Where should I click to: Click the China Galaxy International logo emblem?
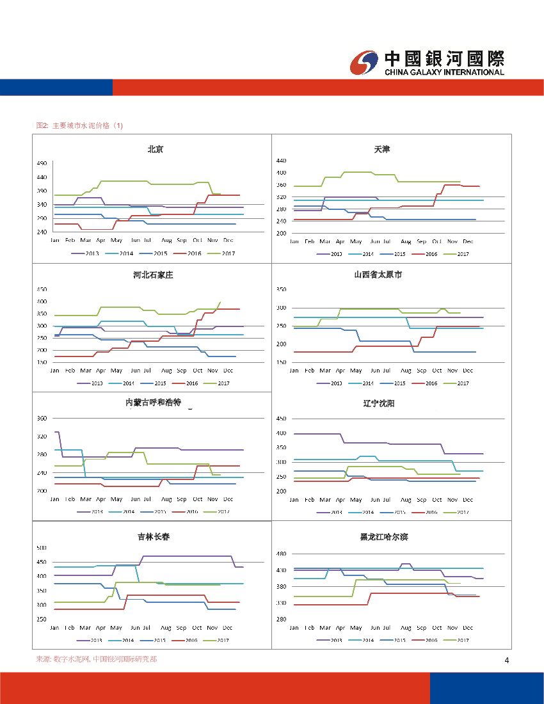pos(365,63)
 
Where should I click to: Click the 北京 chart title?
pos(155,149)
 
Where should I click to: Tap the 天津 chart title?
pos(382,149)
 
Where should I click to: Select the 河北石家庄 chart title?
pos(154,275)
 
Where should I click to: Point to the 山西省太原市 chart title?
pos(378,275)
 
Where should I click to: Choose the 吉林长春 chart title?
pos(154,537)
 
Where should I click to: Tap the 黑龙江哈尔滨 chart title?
pos(384,537)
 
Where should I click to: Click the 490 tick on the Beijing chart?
pos(41,163)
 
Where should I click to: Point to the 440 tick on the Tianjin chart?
pos(281,160)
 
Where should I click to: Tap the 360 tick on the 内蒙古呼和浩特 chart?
pos(42,418)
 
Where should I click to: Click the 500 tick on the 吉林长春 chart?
pos(41,548)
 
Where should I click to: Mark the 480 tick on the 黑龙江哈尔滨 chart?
pos(281,554)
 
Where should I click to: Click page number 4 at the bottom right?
pos(506,660)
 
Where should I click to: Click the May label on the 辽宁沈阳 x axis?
pos(356,500)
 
